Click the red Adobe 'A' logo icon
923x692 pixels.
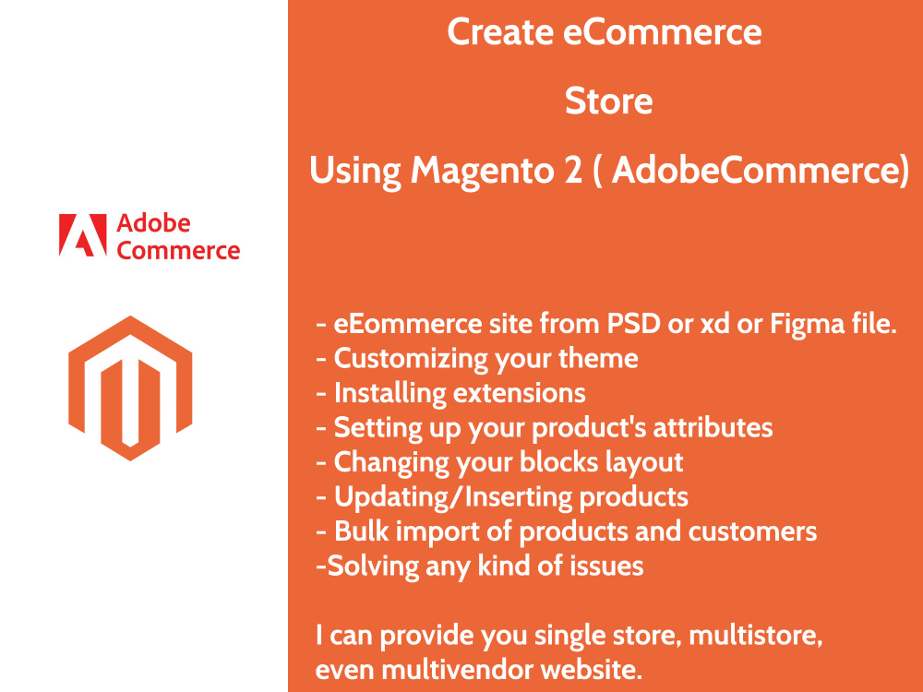pos(78,235)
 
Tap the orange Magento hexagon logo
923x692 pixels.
pos(129,388)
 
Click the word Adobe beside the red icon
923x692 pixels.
pos(153,224)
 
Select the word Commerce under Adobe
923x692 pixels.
pos(178,250)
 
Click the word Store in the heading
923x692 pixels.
pos(608,101)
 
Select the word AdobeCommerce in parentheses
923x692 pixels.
pos(755,171)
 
